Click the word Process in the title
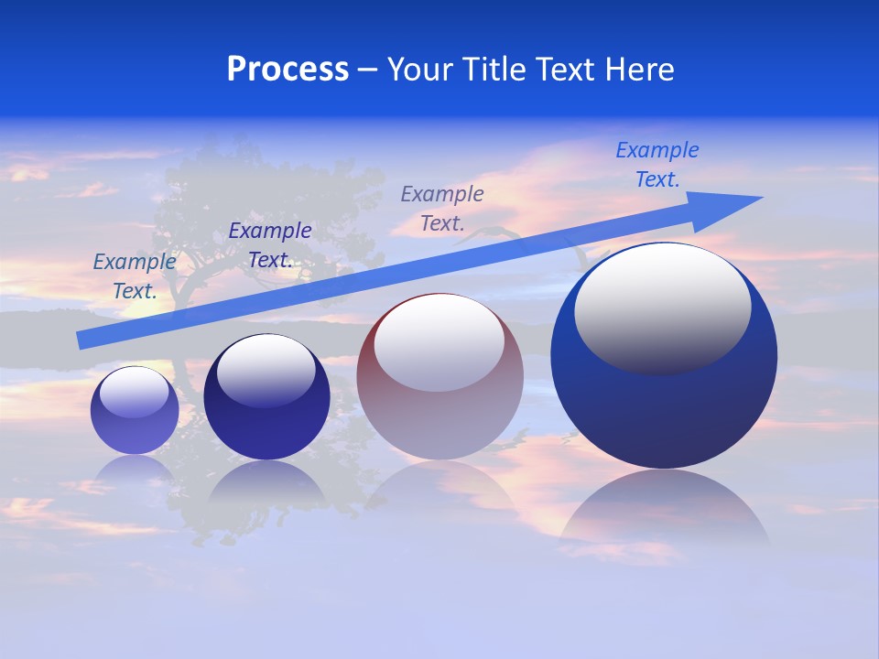point(288,70)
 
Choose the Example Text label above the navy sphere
point(269,245)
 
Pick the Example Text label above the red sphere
point(442,208)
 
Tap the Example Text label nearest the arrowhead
point(657,165)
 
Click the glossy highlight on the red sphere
point(439,342)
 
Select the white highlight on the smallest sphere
point(134,392)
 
